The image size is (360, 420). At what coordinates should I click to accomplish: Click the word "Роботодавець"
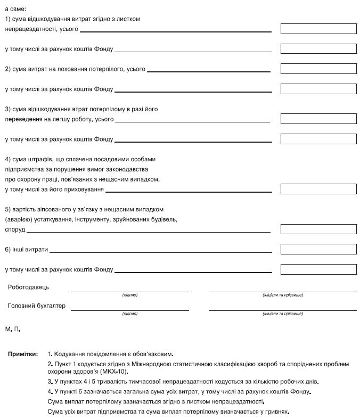point(28,287)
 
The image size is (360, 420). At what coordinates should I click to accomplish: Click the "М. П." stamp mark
point(13,331)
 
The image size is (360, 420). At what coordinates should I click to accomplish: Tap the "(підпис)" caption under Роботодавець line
point(130,295)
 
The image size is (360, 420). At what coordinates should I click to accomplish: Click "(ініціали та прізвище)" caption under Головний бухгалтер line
point(283,314)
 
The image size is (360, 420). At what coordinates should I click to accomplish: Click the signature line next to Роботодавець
point(130,291)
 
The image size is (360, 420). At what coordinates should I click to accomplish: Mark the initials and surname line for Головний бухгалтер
point(283,309)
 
